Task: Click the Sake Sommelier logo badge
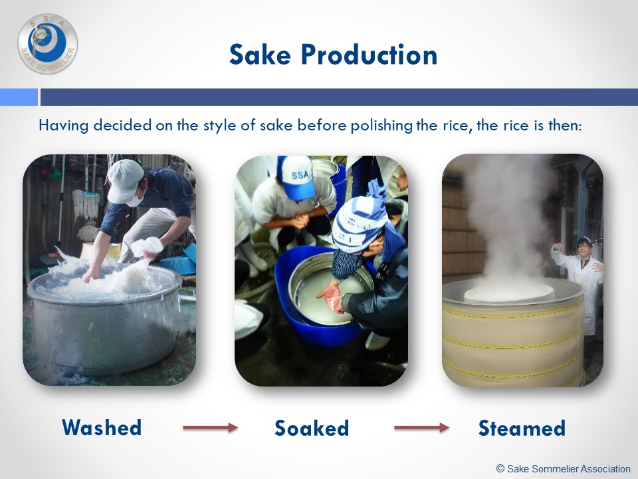click(x=48, y=44)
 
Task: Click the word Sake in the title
click(x=260, y=55)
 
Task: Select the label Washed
click(x=102, y=428)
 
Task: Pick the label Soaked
click(x=312, y=428)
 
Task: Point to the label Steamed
click(x=522, y=428)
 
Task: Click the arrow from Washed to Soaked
click(x=211, y=427)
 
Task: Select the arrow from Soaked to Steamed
click(x=421, y=427)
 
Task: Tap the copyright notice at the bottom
click(x=563, y=469)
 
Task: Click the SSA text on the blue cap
click(x=300, y=175)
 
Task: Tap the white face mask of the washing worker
click(x=136, y=198)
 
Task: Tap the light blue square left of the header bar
click(x=19, y=97)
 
